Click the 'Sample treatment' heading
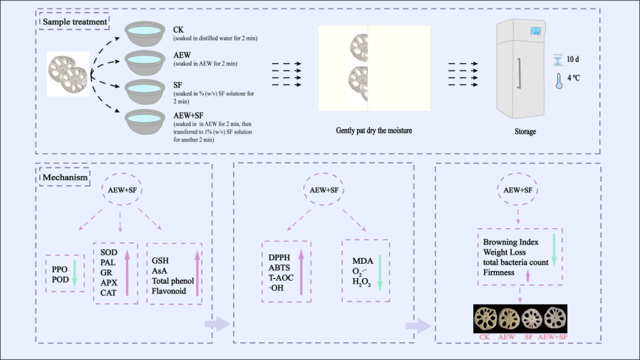click(x=75, y=21)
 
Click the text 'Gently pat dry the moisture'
click(x=374, y=130)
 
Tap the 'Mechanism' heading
click(x=65, y=177)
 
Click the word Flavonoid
click(x=168, y=292)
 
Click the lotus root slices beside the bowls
click(x=68, y=73)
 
